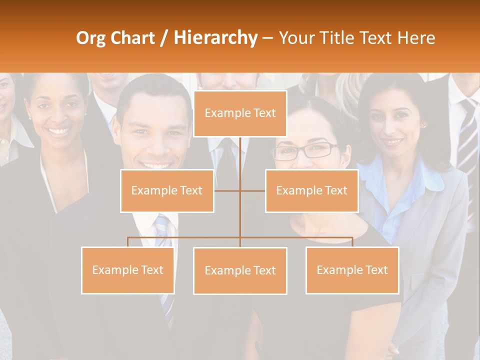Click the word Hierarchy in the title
(215, 38)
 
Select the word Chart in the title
(134, 38)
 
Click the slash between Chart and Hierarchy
(164, 38)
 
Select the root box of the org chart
(240, 113)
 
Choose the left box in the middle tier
(167, 190)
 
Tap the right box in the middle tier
(311, 190)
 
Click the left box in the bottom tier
(127, 270)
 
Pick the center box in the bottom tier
(240, 270)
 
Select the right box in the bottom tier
(352, 270)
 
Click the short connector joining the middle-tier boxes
(252, 190)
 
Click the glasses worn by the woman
(305, 150)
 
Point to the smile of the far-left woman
(59, 132)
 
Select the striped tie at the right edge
(467, 135)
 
